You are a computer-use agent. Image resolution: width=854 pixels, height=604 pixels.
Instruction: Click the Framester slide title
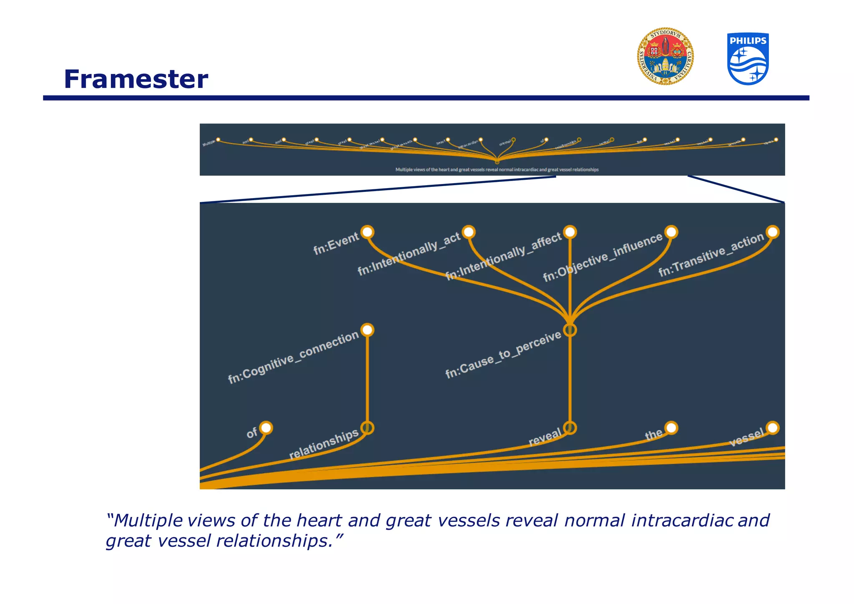(136, 79)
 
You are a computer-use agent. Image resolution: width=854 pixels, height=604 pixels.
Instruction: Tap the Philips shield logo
(748, 59)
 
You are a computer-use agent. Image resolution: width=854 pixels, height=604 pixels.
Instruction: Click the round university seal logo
(665, 57)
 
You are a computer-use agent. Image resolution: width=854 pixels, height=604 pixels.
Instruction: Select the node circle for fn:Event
(367, 232)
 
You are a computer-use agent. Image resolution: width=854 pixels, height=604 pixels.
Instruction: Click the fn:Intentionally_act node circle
(469, 232)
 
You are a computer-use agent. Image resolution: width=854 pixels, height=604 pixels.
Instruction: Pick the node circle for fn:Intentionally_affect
(570, 232)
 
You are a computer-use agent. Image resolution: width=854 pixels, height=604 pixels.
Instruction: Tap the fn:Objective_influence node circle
(671, 232)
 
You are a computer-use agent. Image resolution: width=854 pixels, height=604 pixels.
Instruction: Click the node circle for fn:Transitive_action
(773, 232)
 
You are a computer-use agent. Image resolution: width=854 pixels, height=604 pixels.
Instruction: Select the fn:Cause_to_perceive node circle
(570, 330)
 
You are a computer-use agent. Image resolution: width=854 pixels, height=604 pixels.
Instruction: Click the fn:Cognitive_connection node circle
(367, 330)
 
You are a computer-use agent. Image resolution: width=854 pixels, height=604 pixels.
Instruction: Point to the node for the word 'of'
(266, 428)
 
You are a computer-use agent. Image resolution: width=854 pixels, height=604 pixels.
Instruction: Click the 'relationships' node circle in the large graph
(367, 428)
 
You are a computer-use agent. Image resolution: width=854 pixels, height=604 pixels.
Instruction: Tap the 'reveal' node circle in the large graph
(570, 428)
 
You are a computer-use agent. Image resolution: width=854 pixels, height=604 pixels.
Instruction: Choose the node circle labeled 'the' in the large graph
(671, 428)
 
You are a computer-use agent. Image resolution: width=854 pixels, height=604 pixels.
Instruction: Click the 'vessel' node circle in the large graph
(773, 428)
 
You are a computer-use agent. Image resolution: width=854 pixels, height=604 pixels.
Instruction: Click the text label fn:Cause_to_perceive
(503, 355)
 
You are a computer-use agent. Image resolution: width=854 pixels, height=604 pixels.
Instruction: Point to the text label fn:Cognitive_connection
(293, 357)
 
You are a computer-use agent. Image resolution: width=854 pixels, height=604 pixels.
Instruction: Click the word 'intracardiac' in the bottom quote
(682, 521)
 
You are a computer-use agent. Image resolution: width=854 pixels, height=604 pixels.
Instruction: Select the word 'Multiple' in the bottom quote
(148, 521)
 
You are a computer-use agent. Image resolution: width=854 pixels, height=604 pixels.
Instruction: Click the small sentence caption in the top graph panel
(497, 170)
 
